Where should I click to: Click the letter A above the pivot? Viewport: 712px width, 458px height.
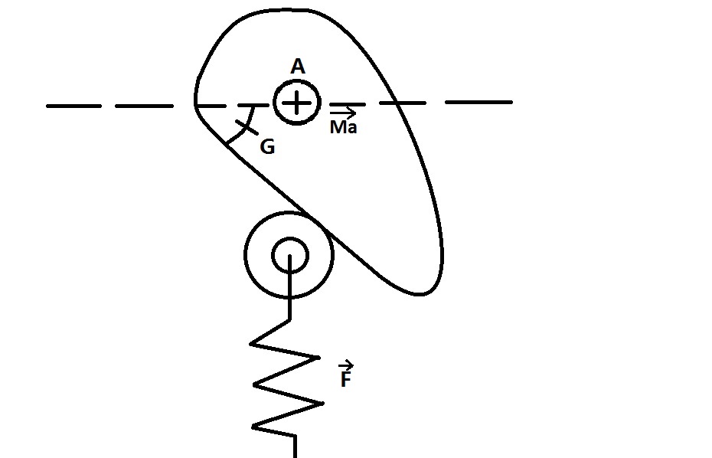298,67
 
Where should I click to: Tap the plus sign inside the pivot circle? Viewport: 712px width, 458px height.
297,103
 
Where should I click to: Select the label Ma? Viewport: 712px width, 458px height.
343,127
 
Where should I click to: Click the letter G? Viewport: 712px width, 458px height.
267,147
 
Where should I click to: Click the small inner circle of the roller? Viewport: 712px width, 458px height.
290,253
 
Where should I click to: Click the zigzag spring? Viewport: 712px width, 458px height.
285,375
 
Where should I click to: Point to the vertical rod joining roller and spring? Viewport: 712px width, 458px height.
291,295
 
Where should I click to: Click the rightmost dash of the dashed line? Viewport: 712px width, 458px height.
479,102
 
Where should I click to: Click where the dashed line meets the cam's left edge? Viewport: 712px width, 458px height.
196,104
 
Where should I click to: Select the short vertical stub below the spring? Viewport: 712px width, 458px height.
294,446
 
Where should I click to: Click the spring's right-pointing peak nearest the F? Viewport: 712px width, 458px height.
317,357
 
